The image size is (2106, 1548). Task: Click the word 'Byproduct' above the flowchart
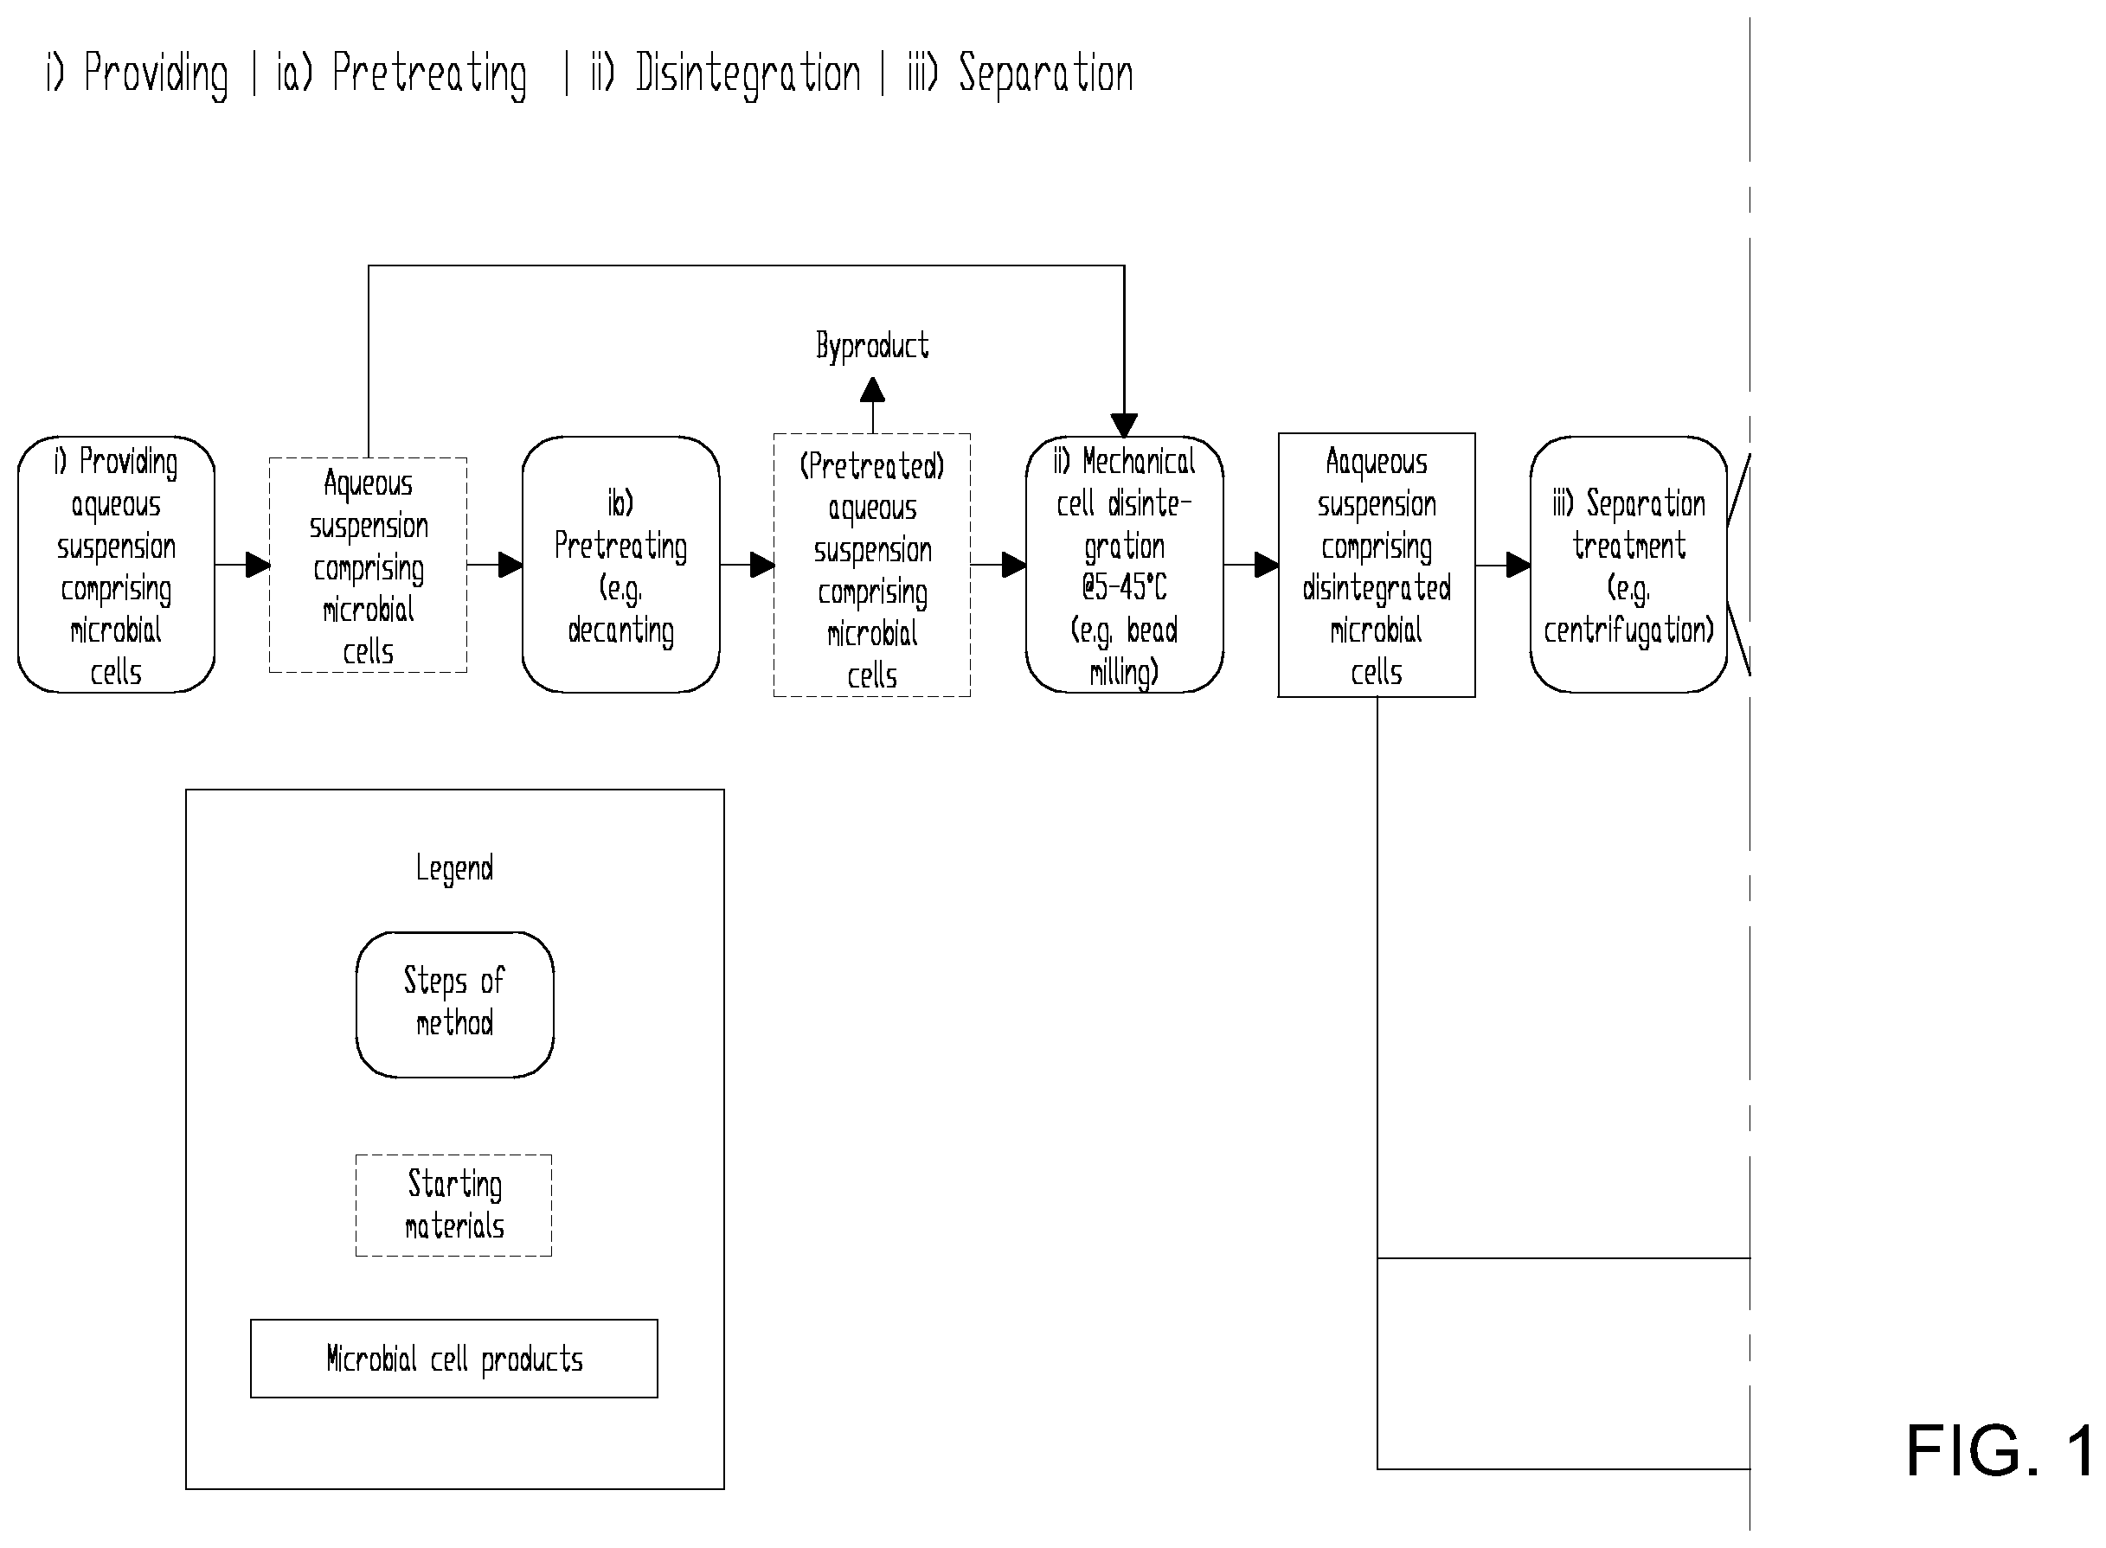pos(872,346)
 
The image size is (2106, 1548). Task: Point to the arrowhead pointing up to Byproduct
pos(872,390)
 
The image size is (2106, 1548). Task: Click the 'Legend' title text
pos(454,868)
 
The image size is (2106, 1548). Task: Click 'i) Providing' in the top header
pos(137,74)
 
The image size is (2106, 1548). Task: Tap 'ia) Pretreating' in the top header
pos(401,74)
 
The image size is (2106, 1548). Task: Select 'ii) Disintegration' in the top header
pos(725,74)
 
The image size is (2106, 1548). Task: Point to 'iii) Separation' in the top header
pos(1021,74)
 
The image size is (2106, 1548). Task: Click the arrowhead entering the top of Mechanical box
pos(1125,425)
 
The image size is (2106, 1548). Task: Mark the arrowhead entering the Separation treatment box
pos(1519,565)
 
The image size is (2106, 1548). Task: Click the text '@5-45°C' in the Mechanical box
pos(1125,587)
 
